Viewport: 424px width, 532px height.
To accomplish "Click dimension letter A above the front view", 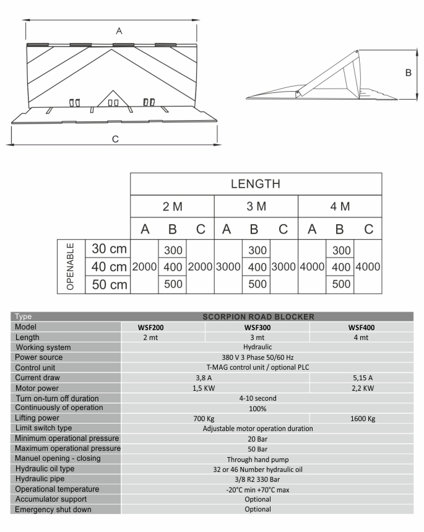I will [x=119, y=30].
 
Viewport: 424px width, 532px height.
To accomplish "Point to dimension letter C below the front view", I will [x=115, y=139].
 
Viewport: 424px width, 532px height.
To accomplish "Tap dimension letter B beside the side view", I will [x=408, y=73].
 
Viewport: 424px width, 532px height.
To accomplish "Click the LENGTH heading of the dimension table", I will [x=256, y=184].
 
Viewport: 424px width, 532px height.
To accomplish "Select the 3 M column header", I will [x=256, y=206].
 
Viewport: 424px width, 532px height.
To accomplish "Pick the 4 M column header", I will [x=340, y=206].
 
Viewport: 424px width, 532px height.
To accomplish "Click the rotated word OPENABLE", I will [x=71, y=266].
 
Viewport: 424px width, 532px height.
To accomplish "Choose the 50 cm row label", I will [x=108, y=285].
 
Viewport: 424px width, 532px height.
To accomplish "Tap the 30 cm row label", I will [x=108, y=249].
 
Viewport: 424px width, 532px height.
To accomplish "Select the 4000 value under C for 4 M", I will [x=368, y=267].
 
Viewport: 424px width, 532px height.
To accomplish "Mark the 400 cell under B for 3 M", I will [x=256, y=267].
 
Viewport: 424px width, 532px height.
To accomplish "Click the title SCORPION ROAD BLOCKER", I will [x=258, y=316].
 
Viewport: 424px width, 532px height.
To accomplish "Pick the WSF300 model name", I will [x=256, y=327].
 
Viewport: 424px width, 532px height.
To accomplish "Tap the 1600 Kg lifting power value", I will [x=363, y=418].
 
